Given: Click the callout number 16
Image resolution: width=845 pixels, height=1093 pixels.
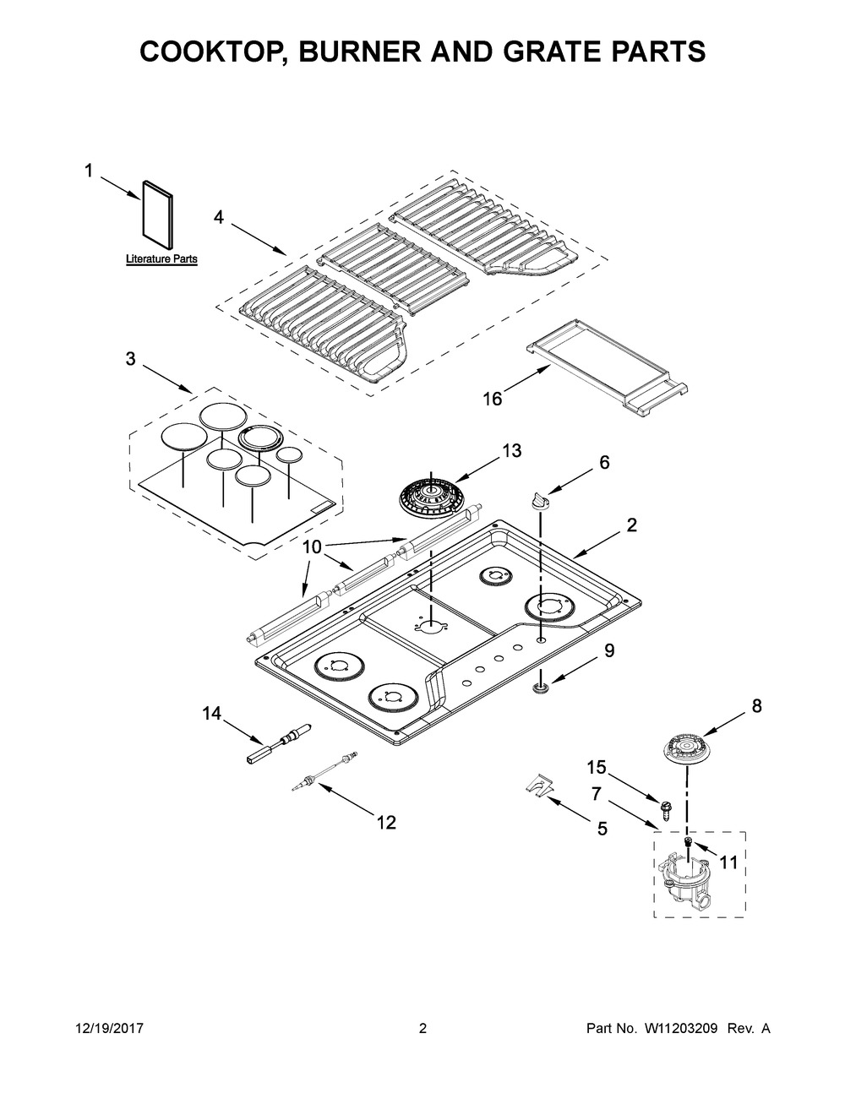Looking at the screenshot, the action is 493,399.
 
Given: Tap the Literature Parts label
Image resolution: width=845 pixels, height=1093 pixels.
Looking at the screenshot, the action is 161,259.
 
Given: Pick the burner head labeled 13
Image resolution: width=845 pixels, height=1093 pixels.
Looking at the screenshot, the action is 431,498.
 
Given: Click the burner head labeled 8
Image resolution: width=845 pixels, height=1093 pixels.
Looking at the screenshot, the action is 688,750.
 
